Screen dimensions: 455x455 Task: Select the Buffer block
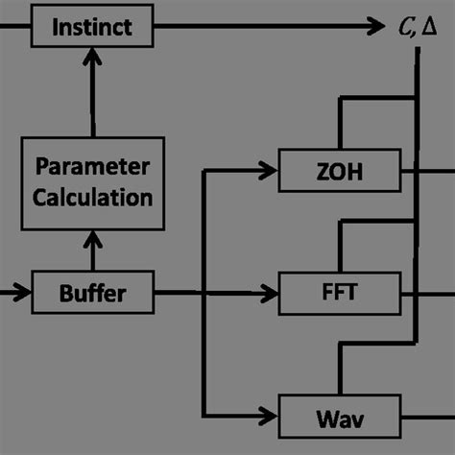point(92,292)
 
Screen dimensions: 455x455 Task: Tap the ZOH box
point(340,172)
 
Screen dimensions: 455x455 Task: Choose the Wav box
point(340,419)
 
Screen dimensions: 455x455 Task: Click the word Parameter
point(92,166)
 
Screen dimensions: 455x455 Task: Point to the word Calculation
point(92,198)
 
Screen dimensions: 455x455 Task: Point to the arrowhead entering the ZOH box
point(270,172)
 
